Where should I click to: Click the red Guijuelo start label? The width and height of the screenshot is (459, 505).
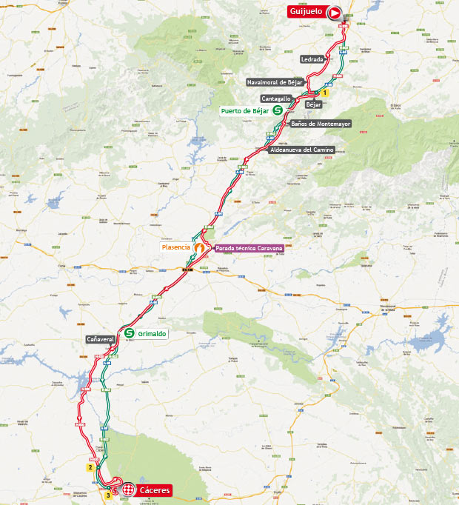306,13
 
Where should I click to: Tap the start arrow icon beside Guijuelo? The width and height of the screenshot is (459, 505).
335,13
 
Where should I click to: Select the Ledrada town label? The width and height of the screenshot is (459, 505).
312,58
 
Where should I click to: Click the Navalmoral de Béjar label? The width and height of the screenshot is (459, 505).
275,82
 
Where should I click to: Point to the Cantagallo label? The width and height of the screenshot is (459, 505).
275,98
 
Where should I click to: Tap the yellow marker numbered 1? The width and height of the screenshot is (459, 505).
324,93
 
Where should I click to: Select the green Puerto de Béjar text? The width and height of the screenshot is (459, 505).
244,110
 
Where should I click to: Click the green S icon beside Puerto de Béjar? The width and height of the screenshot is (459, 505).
278,110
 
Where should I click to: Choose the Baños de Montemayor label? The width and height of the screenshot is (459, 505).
320,124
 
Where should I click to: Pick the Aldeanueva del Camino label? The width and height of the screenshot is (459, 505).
302,150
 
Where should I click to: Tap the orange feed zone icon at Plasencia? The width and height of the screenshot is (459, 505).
199,247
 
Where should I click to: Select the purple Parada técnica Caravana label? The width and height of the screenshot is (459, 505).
249,249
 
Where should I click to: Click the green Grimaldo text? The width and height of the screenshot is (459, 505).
152,334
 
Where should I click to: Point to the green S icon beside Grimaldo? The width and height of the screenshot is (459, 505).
129,333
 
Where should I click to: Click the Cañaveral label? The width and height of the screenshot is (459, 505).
100,339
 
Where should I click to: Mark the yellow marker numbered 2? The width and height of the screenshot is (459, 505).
90,467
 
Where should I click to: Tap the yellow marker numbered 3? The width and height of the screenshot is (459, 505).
108,495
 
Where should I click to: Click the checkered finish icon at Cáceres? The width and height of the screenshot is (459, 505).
129,490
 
